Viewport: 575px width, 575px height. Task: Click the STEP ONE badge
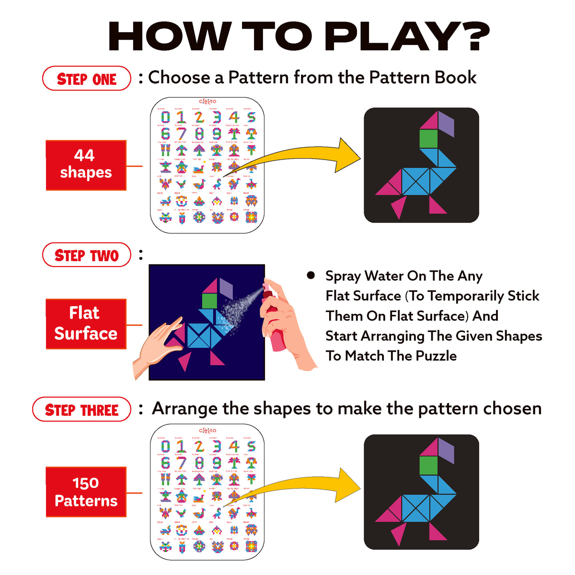click(x=87, y=79)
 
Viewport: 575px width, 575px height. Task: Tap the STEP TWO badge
click(x=87, y=255)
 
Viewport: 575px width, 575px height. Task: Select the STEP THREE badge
click(x=81, y=410)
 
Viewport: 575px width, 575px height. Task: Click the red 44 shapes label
click(x=86, y=165)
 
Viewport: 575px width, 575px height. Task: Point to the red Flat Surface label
click(x=86, y=323)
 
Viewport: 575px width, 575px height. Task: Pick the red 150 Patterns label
click(x=86, y=492)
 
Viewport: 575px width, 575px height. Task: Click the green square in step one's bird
click(x=429, y=139)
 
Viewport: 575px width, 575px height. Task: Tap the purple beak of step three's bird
click(x=446, y=450)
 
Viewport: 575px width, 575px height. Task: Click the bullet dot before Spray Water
click(x=311, y=275)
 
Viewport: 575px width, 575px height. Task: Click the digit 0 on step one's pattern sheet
click(x=165, y=117)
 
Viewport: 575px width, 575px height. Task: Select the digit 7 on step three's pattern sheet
click(x=181, y=463)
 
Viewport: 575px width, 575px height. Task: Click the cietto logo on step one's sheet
click(x=207, y=101)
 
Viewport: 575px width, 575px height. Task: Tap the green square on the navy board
click(x=210, y=300)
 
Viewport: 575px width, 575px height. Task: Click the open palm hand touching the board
click(x=156, y=345)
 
